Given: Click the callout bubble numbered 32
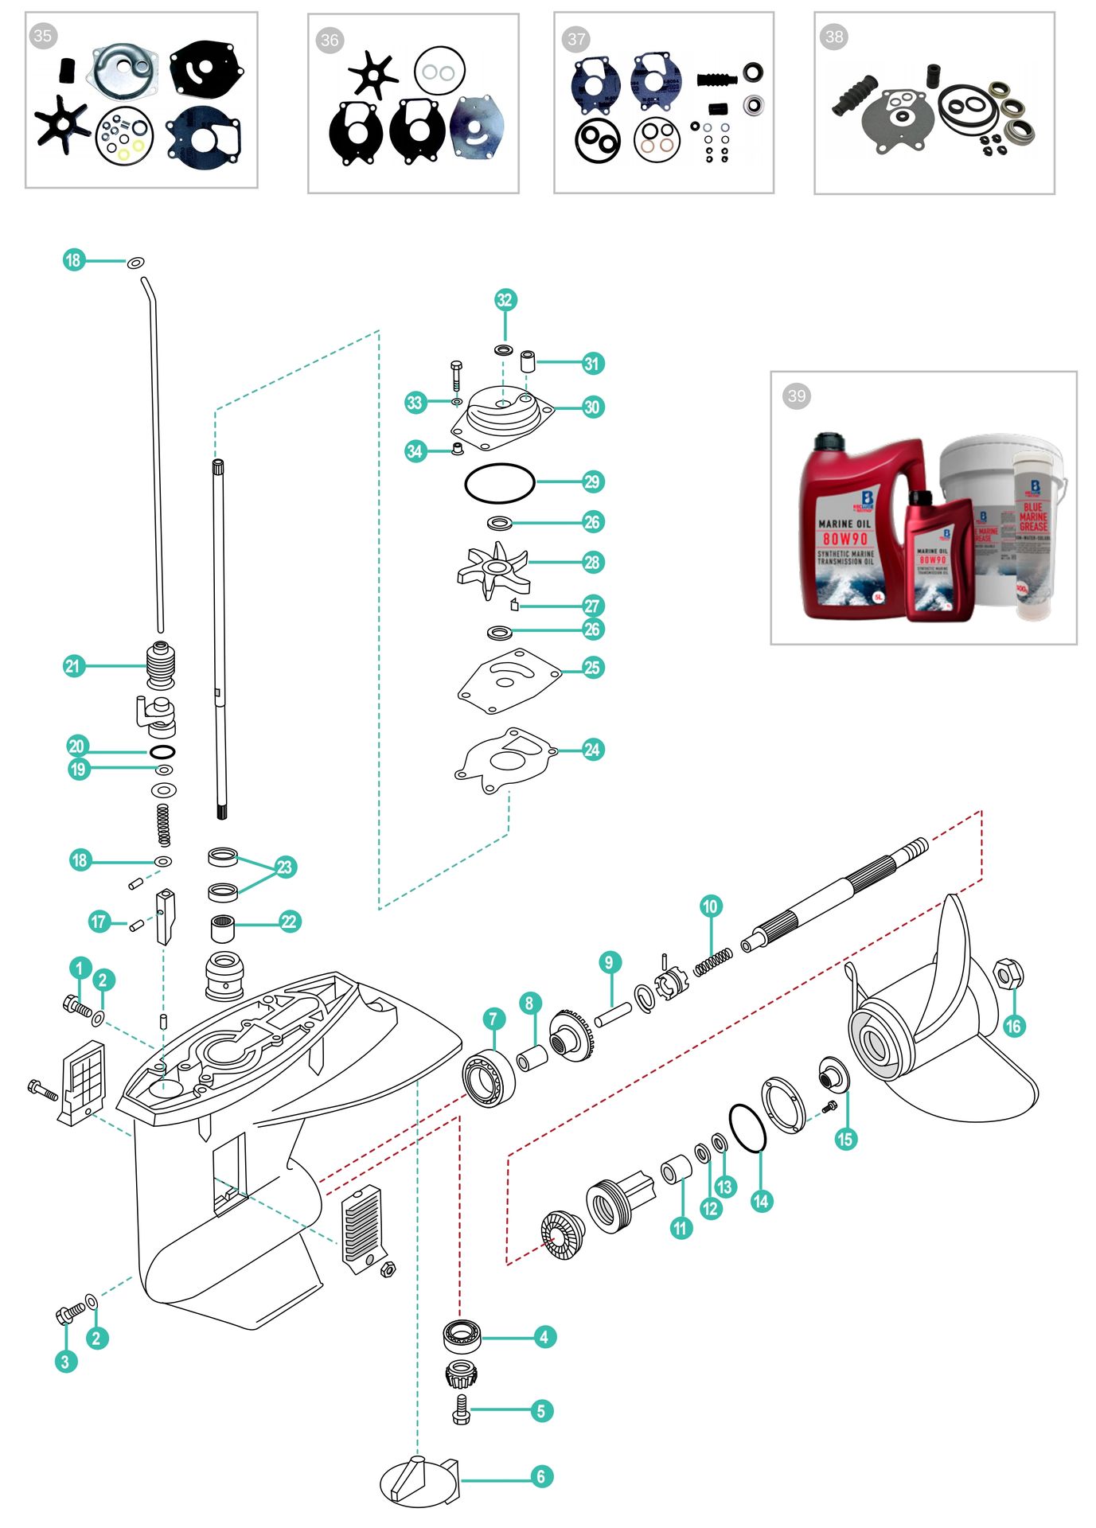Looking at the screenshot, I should pos(505,300).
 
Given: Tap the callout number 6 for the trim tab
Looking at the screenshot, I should pos(541,1476).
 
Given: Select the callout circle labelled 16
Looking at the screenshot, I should pos(1012,1026).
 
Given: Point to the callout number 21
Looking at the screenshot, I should pos(73,665).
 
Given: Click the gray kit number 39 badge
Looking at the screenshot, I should pos(797,396).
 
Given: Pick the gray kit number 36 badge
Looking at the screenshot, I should pos(330,40).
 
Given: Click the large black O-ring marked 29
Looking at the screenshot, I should pos(500,483).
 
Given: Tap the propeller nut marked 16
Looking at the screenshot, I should pos(1008,973).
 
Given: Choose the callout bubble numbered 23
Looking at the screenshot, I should pos(285,867).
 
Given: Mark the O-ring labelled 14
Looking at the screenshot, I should pos(747,1128).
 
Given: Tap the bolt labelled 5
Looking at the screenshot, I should pos(461,1409).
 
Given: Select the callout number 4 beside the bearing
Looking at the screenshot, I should pos(544,1336).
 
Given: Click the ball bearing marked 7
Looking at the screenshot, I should pos(486,1077).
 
